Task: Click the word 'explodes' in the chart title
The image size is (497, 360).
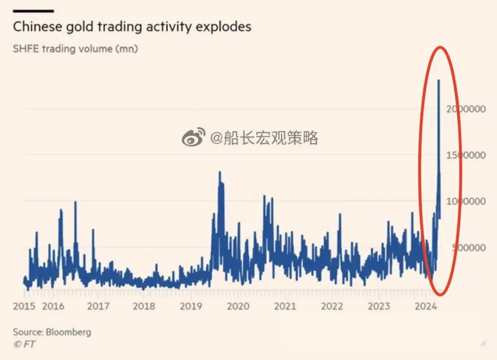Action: click(x=224, y=27)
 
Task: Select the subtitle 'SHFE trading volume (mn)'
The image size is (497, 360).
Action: click(x=75, y=49)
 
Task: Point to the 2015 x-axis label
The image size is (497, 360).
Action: click(x=24, y=306)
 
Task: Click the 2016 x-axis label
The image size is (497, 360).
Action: click(x=53, y=306)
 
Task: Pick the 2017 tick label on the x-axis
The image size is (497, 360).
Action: click(x=99, y=306)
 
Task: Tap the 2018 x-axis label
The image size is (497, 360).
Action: click(x=144, y=306)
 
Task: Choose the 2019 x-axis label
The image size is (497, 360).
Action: click(x=191, y=306)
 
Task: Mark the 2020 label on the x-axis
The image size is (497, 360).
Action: click(x=238, y=306)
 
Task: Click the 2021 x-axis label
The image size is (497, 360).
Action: click(x=285, y=306)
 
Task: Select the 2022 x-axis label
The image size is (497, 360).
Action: click(x=332, y=306)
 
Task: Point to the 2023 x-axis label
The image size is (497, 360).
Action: click(x=379, y=306)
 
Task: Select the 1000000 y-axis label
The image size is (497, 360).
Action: click(x=466, y=202)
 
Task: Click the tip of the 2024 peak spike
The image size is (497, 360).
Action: click(x=439, y=80)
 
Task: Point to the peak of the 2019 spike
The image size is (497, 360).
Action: click(x=220, y=172)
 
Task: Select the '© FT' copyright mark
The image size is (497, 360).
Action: click(x=24, y=344)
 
